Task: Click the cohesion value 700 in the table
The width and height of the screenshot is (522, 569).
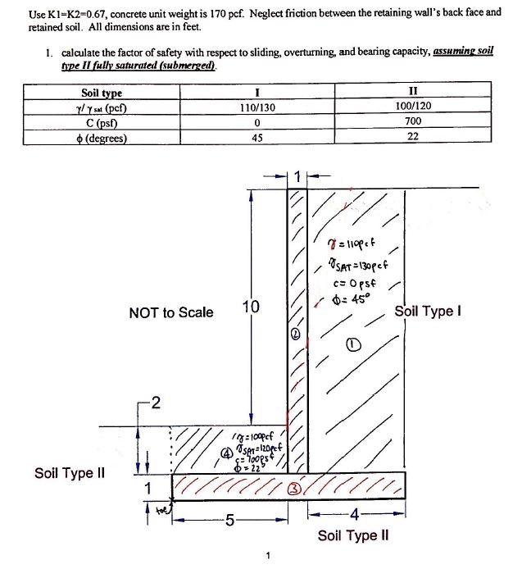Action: pyautogui.click(x=413, y=123)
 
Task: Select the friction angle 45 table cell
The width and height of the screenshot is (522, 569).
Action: pyautogui.click(x=257, y=137)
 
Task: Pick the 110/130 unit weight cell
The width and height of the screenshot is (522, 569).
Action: pyautogui.click(x=257, y=108)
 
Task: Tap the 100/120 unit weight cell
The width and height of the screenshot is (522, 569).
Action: pyautogui.click(x=413, y=108)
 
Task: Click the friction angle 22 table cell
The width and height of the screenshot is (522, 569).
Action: pyautogui.click(x=413, y=137)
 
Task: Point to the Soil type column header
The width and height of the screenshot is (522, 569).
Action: pyautogui.click(x=102, y=93)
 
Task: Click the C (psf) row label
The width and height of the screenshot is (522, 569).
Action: pyautogui.click(x=102, y=123)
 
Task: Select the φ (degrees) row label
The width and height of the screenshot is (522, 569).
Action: pyautogui.click(x=102, y=137)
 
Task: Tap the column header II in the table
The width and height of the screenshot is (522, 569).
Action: pyautogui.click(x=413, y=93)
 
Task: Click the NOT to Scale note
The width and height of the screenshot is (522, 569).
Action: pyautogui.click(x=170, y=312)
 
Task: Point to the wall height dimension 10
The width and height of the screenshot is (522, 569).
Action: pyautogui.click(x=252, y=308)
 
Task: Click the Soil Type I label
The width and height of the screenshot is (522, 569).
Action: pyautogui.click(x=429, y=312)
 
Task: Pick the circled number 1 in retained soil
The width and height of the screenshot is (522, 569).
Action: pyautogui.click(x=354, y=347)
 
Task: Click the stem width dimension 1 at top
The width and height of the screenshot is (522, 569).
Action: pyautogui.click(x=297, y=175)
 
